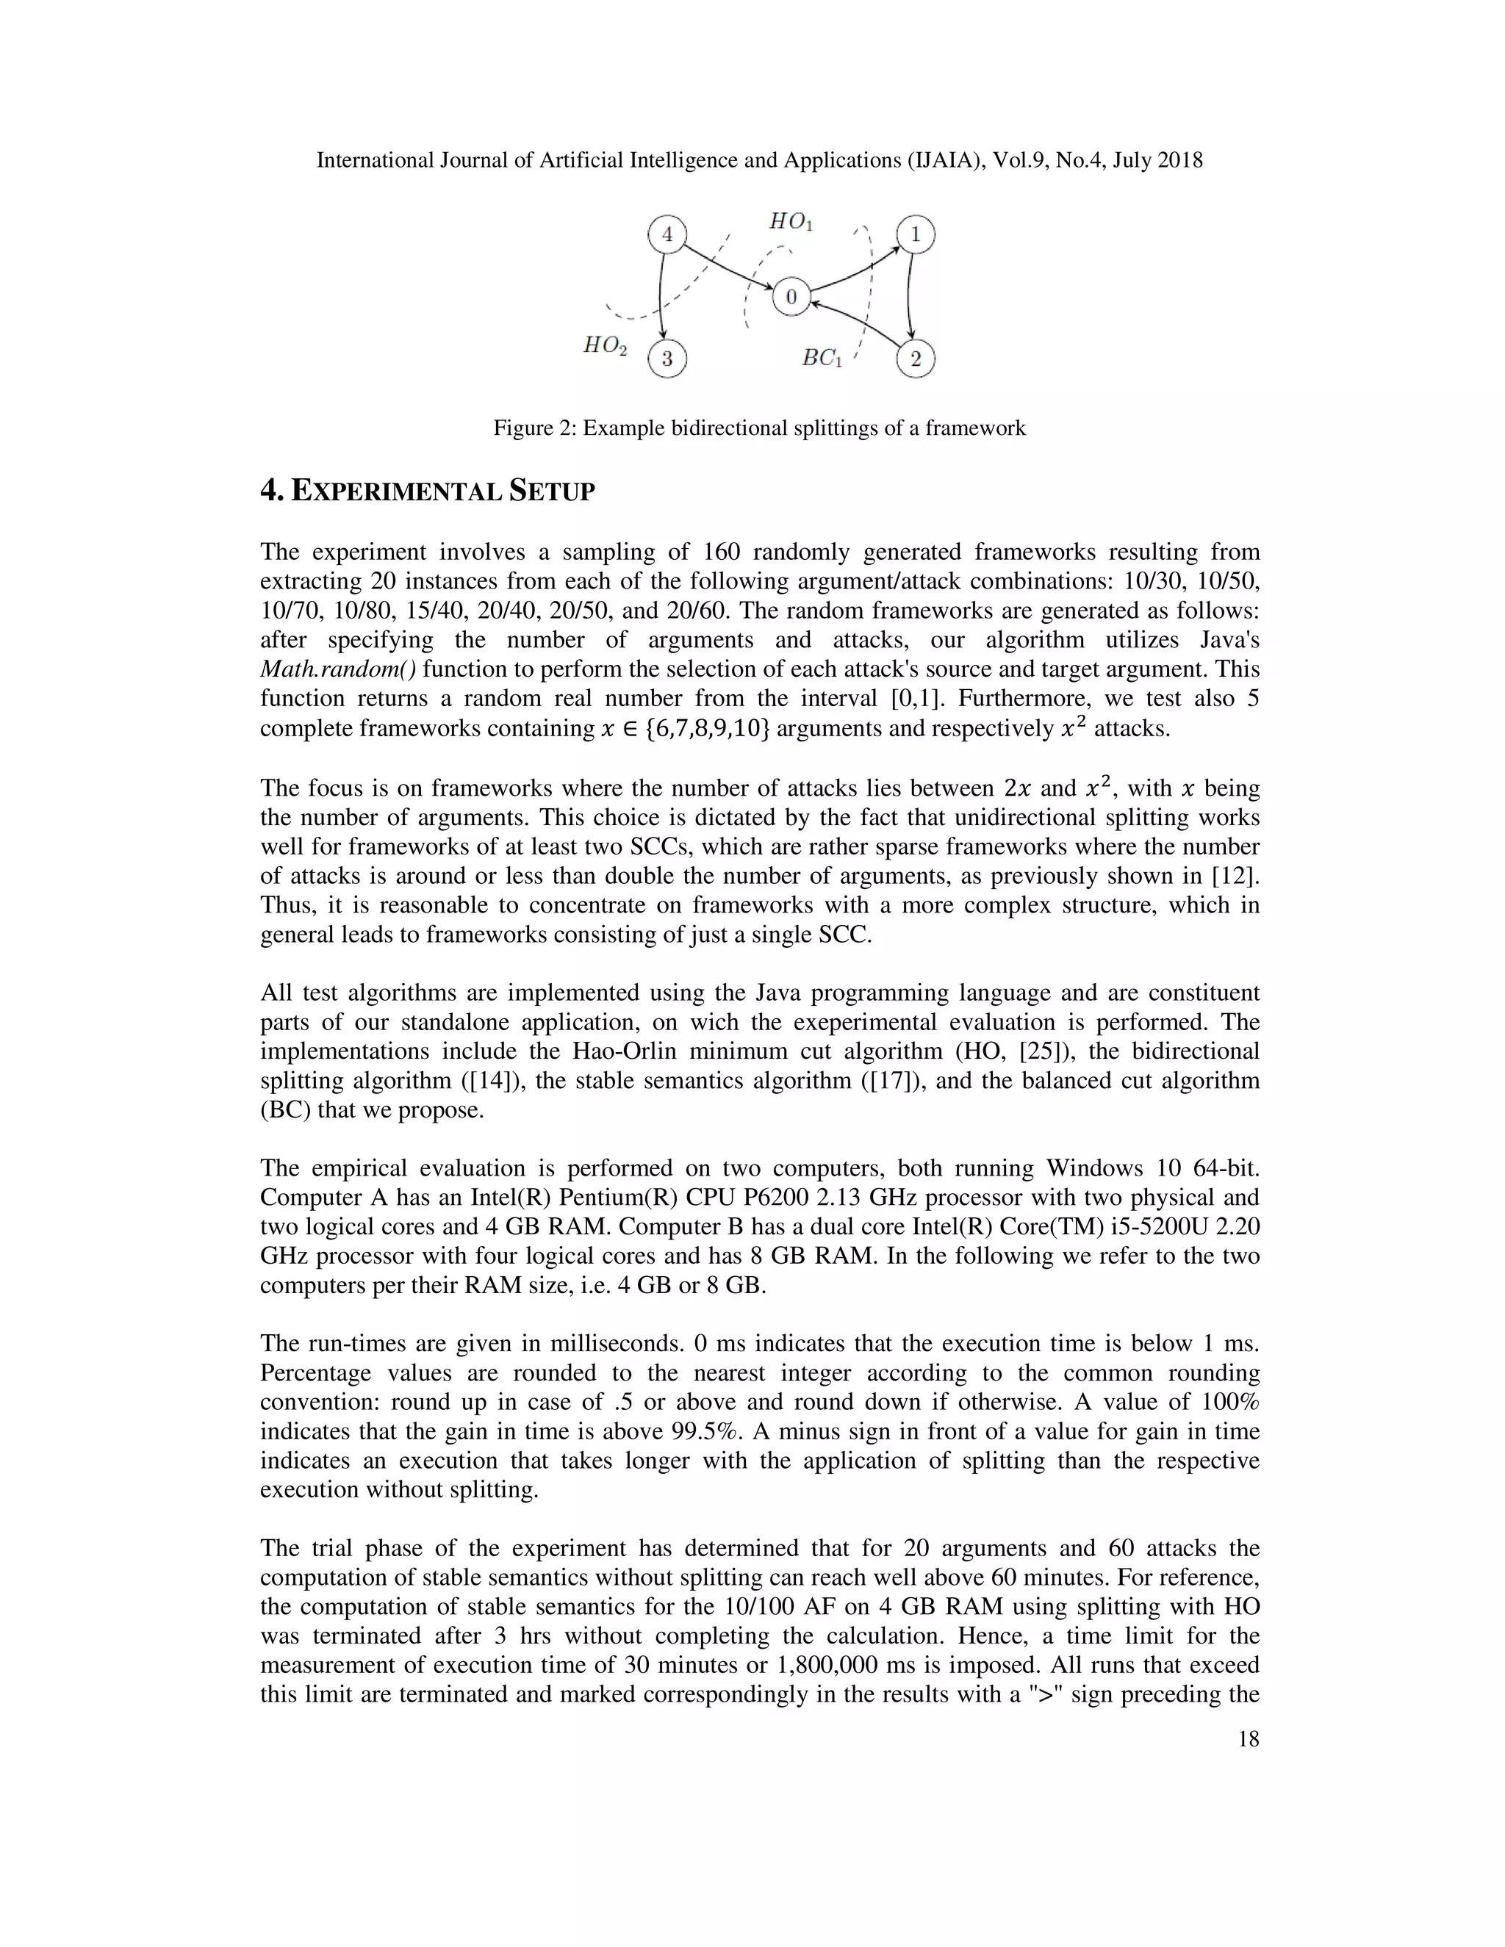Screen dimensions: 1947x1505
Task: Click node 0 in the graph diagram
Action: point(791,297)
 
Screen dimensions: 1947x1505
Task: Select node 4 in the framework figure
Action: point(666,234)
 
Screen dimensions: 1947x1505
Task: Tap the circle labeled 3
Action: point(668,359)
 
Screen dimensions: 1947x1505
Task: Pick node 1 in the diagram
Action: point(915,234)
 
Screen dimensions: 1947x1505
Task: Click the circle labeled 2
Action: point(915,359)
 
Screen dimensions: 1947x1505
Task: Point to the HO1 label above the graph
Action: point(791,221)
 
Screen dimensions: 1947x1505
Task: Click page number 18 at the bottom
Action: point(1249,1739)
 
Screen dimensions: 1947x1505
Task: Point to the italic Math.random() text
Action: point(338,669)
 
